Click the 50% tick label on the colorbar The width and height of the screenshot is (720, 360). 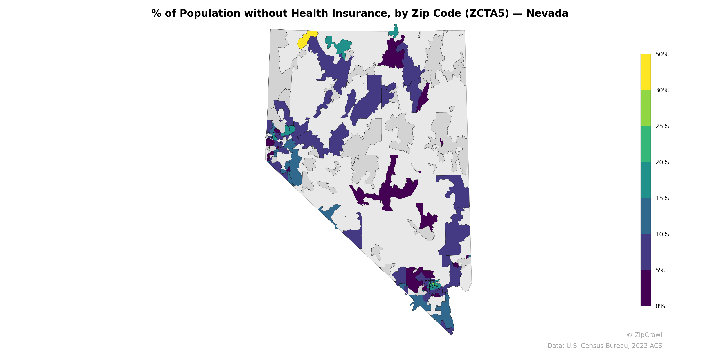(661, 54)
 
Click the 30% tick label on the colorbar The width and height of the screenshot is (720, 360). (661, 90)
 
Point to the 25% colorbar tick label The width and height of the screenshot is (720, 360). (661, 126)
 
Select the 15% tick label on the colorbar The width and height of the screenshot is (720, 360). (661, 198)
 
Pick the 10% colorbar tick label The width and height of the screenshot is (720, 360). (661, 234)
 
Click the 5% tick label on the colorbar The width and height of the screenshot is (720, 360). (660, 270)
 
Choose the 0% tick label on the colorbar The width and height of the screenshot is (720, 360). (660, 306)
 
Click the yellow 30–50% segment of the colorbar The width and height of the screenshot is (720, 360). (646, 72)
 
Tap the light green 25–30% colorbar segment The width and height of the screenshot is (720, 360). (646, 108)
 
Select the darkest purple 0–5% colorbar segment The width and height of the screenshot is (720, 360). (646, 288)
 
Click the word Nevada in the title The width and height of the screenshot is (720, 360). (547, 13)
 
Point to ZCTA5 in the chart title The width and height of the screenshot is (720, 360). (487, 13)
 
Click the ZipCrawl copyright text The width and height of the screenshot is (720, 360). (644, 335)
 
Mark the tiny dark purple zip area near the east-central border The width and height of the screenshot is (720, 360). (441, 143)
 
